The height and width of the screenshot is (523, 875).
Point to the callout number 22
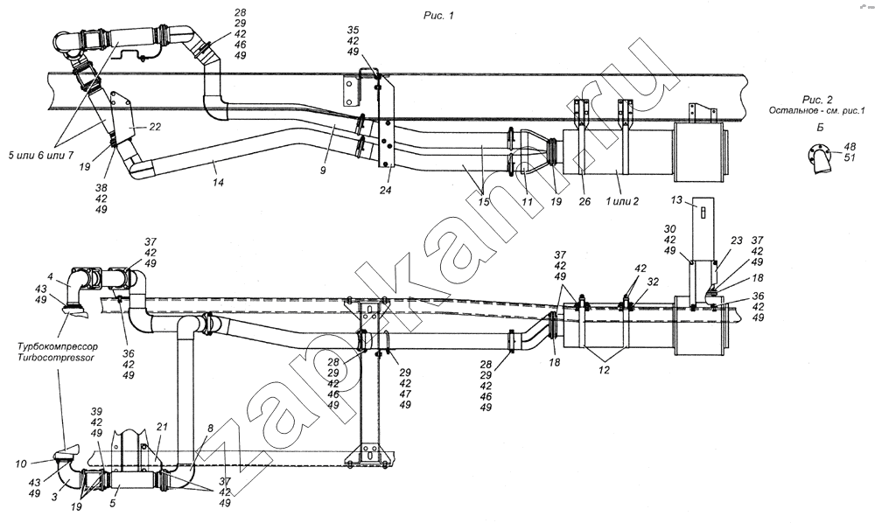(x=154, y=127)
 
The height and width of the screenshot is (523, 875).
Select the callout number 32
(x=653, y=283)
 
